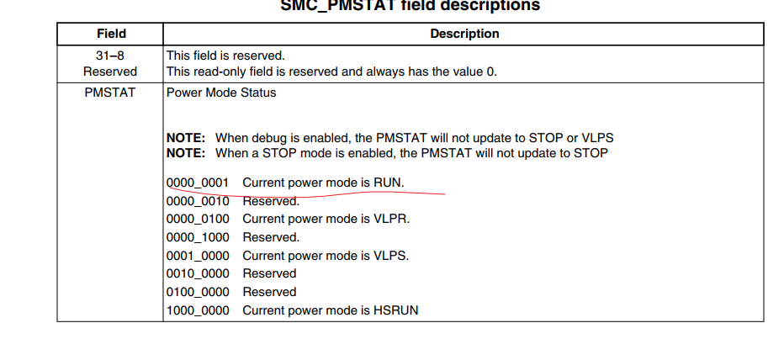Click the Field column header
(111, 34)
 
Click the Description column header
(464, 34)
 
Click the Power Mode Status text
(221, 93)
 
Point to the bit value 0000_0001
(198, 183)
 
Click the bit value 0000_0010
(198, 201)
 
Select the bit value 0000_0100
(198, 219)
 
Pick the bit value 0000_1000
(198, 237)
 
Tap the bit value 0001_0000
(198, 256)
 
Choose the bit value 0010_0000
(198, 273)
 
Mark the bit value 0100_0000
(198, 292)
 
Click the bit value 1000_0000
(198, 310)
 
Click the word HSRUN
(397, 310)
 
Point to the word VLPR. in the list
(392, 219)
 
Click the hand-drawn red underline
(336, 193)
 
